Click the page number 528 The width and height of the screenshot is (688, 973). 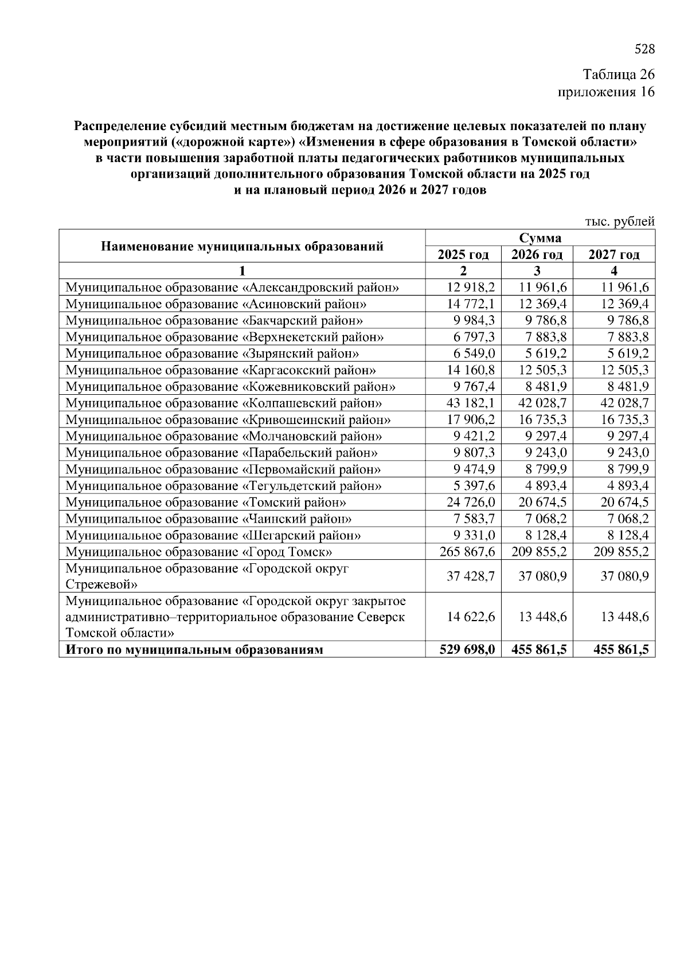coord(644,49)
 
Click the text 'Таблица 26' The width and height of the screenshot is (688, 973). coord(618,75)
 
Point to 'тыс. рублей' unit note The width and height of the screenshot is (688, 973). coord(619,221)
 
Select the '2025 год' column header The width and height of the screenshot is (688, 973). coord(463,254)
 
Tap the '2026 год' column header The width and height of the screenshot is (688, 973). coord(537,254)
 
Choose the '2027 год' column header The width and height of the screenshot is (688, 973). coord(613,254)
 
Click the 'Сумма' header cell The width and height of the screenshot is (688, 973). coord(540,238)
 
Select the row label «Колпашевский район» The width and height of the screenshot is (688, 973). coord(224,403)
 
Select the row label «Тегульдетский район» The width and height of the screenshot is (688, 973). coord(224,486)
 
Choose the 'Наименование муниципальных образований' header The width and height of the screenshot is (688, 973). coord(242,246)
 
